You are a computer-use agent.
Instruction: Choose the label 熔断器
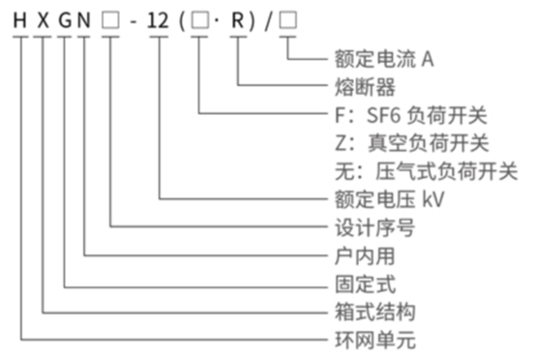coord(355,88)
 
